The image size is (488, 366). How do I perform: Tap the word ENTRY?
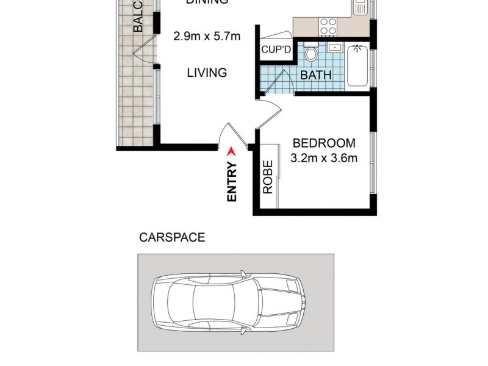click(232, 182)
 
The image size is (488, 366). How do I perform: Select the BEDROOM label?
click(324, 143)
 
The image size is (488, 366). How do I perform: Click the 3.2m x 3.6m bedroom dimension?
click(324, 159)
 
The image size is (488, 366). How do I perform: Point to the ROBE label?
click(267, 178)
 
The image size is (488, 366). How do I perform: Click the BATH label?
click(316, 76)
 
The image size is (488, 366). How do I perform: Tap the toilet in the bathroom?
click(311, 55)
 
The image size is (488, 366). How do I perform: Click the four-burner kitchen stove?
click(328, 26)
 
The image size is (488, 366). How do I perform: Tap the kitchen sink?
click(359, 7)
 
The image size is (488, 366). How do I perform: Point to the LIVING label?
click(207, 73)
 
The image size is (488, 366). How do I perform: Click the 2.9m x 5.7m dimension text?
click(207, 37)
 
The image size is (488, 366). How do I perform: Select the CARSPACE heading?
click(172, 238)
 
